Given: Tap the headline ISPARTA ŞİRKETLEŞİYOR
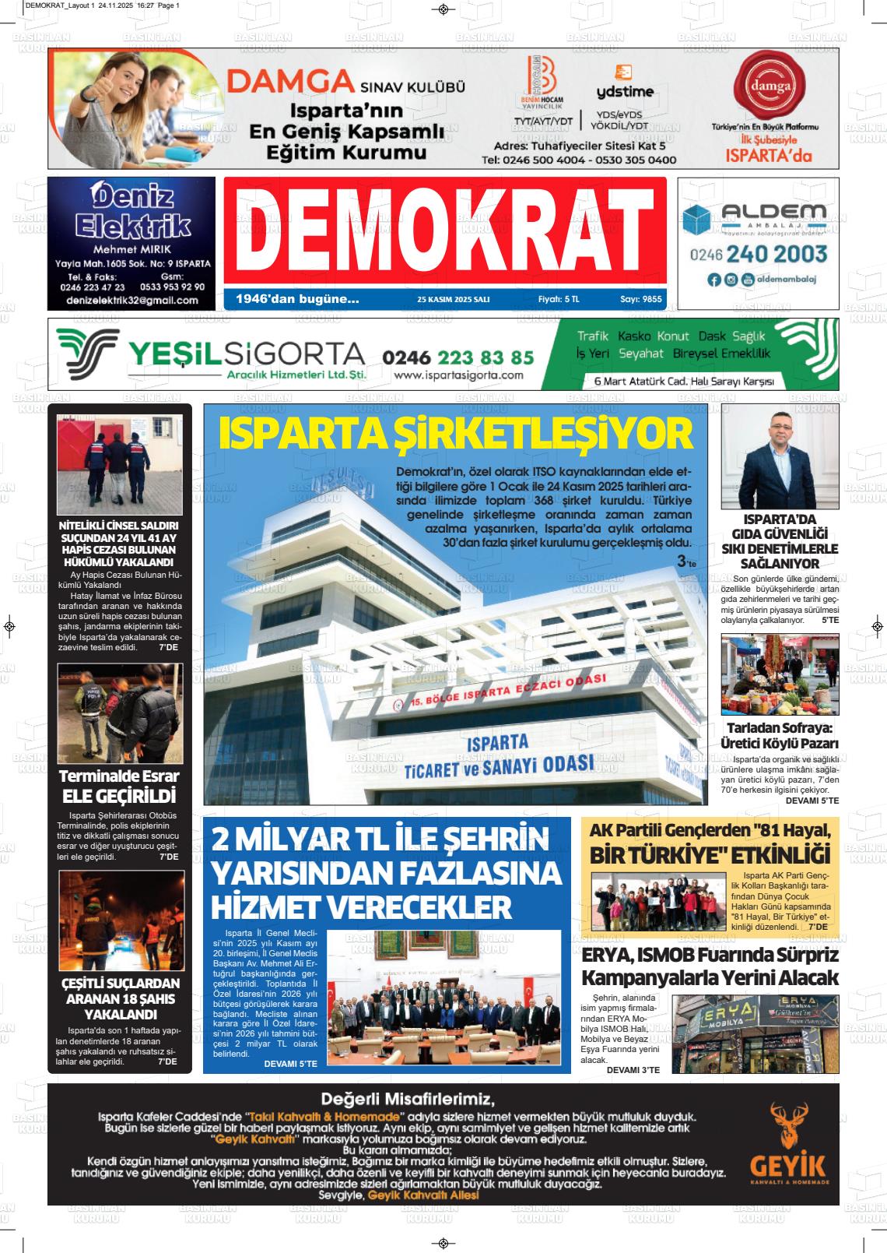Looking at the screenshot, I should [455, 434].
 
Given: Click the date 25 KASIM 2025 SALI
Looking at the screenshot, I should [454, 299].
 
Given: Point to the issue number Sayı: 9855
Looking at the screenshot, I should [640, 299].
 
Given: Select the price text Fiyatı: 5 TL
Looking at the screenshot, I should [559, 299].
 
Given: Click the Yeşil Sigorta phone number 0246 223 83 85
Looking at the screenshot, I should [458, 357].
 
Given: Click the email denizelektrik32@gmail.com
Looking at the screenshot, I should [132, 300].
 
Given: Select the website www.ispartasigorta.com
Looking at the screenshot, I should [458, 375].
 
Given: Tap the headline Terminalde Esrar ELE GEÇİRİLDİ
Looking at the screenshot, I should [119, 786].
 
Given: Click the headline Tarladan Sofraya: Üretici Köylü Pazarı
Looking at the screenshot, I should [780, 735].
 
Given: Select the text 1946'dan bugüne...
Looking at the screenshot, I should [297, 299].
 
